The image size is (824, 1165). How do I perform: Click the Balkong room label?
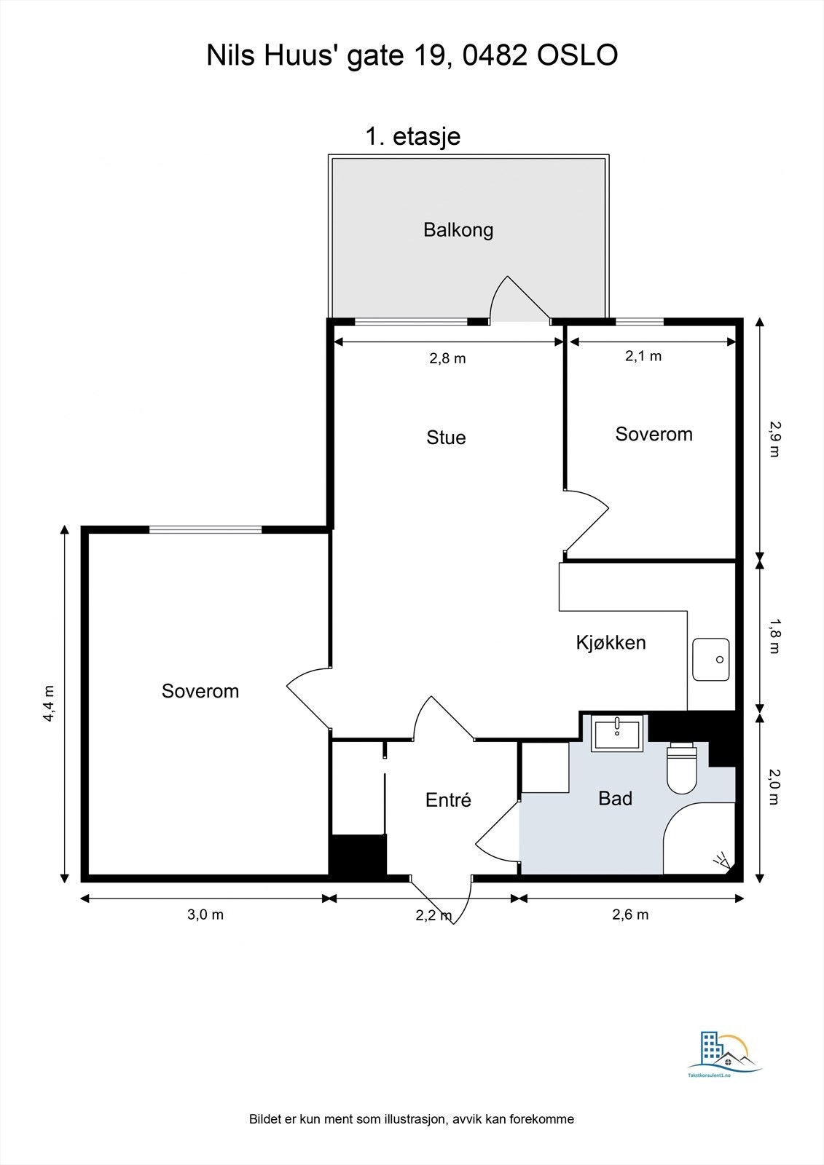point(458,230)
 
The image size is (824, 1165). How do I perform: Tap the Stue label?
point(446,438)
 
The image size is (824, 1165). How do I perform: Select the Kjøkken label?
point(611,643)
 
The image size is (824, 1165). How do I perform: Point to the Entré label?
point(448,799)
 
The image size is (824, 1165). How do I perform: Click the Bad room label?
point(615,798)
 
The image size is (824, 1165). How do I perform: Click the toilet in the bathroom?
point(682,768)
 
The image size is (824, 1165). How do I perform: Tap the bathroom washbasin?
point(617,732)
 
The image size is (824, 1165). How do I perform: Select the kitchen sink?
point(710,660)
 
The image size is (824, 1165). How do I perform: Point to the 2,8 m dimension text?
point(447,358)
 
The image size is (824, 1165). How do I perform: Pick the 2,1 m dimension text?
point(643,356)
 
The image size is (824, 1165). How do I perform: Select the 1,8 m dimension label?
point(774,636)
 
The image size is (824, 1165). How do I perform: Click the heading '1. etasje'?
point(413,137)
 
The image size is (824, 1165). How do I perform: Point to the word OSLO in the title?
point(577,55)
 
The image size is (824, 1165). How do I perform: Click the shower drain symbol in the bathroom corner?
point(723,861)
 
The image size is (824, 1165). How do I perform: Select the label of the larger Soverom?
point(200,691)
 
